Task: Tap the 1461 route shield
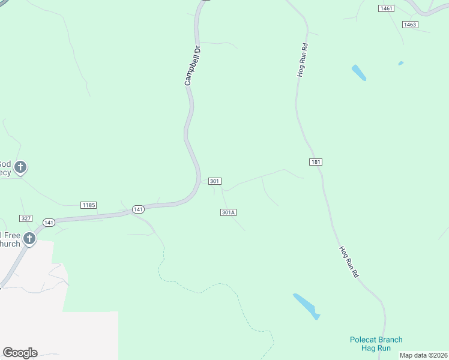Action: [x=386, y=8]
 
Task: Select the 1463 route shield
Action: [x=410, y=25]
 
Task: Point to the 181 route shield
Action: [x=316, y=162]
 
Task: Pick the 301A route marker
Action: [x=228, y=212]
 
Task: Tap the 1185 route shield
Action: [x=88, y=205]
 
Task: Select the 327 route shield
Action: [x=25, y=218]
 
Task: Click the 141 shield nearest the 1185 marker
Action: [x=138, y=209]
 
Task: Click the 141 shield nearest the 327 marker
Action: [x=49, y=223]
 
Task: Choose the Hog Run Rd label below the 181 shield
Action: [x=349, y=262]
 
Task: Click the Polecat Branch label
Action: [x=376, y=340]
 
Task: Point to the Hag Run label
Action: [x=376, y=348]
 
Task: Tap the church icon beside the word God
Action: [x=20, y=167]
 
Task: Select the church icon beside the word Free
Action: [x=29, y=239]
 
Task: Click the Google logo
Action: [x=20, y=353]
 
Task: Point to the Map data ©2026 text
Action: [x=424, y=355]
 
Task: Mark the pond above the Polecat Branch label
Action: [x=306, y=305]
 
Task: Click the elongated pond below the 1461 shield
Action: [x=358, y=73]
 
